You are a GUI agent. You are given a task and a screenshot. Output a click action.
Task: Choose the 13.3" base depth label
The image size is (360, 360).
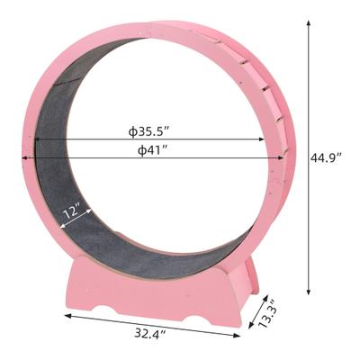[x=268, y=314]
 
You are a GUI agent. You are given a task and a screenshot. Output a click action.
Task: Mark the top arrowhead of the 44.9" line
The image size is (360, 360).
[x=310, y=24]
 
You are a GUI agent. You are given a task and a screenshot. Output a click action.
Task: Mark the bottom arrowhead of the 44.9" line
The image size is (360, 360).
[x=310, y=292]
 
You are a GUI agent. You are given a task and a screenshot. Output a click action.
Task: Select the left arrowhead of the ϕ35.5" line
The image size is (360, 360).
[x=37, y=140]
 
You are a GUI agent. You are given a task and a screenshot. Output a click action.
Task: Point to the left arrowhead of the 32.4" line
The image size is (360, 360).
[x=67, y=315]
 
